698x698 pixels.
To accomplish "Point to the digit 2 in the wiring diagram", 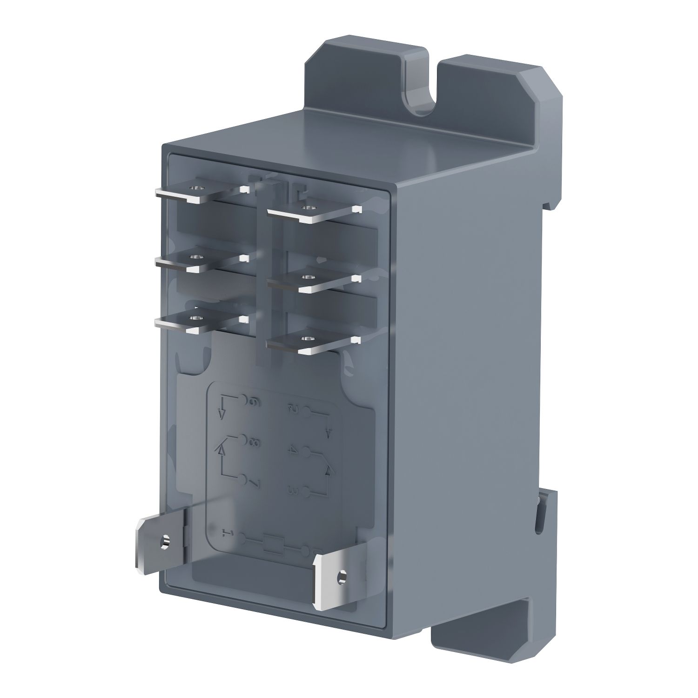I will coord(294,409).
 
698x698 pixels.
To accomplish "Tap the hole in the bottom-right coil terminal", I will coord(342,575).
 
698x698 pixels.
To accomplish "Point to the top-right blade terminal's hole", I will coord(306,207).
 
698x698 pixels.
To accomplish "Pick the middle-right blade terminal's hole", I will coord(305,277).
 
